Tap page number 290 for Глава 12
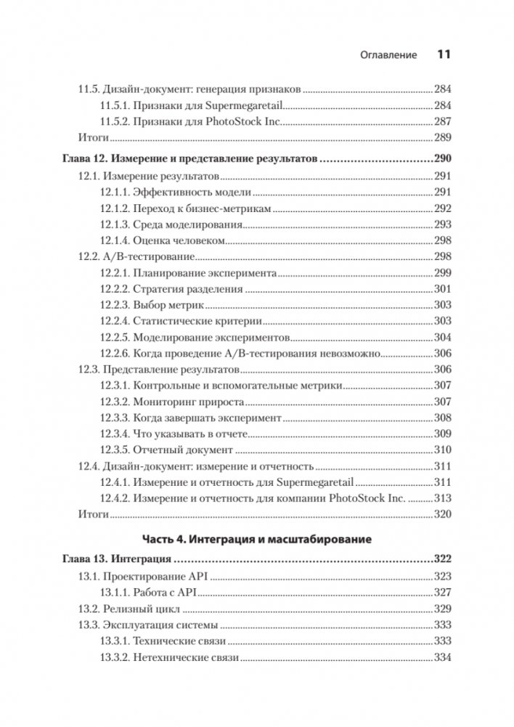coord(442,159)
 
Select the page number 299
coord(442,274)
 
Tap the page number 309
coord(442,434)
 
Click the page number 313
coord(442,498)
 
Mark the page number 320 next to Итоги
coord(442,514)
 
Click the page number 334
coord(442,658)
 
